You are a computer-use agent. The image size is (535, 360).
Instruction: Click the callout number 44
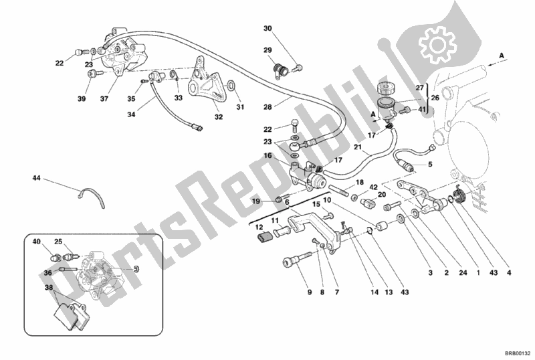[36, 178]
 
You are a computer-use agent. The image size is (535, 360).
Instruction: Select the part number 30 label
[267, 28]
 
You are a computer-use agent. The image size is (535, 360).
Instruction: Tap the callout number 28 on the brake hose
[268, 106]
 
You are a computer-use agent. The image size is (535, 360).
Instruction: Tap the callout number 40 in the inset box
[37, 242]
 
